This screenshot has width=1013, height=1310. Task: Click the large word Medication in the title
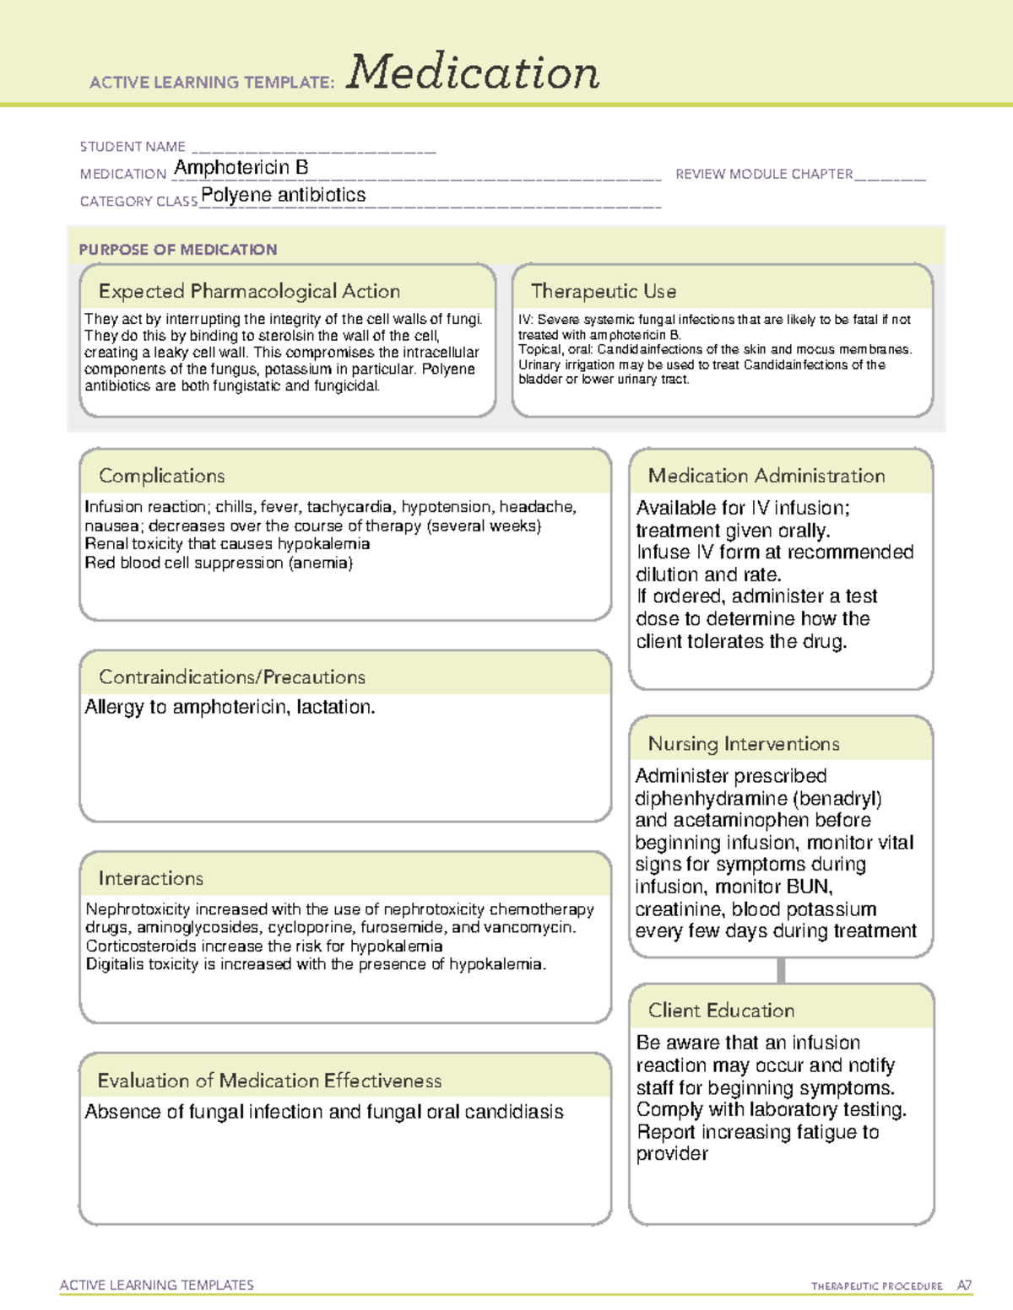473,73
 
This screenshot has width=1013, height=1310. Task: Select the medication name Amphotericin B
241,168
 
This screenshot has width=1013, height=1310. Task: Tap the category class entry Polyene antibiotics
283,195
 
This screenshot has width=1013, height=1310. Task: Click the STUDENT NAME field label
133,147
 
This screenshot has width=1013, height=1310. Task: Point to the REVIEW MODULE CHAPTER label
764,174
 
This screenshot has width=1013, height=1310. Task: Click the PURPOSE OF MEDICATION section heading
177,250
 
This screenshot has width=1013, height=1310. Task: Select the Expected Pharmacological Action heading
249,291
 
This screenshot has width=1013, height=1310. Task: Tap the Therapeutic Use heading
603,291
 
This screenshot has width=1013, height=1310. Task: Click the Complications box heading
161,476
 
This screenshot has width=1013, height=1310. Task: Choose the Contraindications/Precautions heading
231,677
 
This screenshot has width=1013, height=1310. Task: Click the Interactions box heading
150,878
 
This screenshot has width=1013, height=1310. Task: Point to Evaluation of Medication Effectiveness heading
269,1081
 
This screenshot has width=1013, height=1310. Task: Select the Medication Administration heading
766,476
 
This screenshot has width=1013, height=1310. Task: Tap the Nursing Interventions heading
743,743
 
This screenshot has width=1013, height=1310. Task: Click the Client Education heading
721,1011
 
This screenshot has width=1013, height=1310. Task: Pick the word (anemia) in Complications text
321,563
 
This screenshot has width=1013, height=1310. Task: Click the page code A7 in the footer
963,1286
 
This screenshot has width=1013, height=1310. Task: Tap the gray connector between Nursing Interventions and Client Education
781,970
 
